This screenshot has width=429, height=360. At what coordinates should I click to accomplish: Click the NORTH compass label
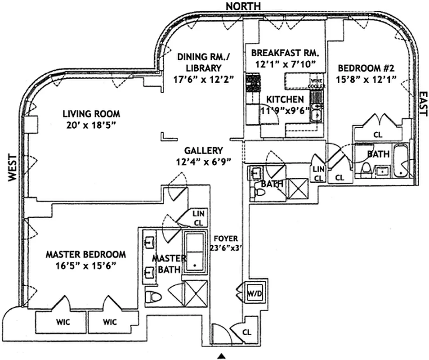pyautogui.click(x=244, y=6)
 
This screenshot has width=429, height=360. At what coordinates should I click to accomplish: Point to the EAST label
pyautogui.click(x=423, y=104)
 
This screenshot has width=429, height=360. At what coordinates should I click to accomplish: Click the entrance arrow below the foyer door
pyautogui.click(x=221, y=356)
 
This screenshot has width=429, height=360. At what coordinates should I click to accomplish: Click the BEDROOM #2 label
pyautogui.click(x=366, y=69)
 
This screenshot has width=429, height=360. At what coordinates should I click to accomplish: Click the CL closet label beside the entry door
pyautogui.click(x=247, y=333)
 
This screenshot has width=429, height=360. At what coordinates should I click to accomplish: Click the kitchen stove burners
pyautogui.click(x=251, y=84)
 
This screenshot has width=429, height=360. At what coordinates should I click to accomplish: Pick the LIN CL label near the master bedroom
pyautogui.click(x=198, y=217)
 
